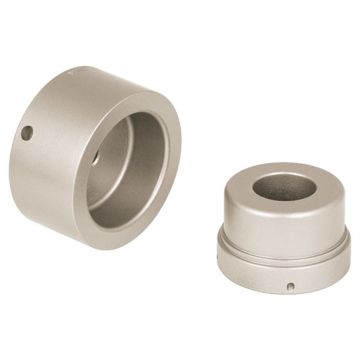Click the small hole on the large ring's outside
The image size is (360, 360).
pyautogui.click(x=27, y=133)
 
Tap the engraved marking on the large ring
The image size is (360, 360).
pyautogui.click(x=78, y=72)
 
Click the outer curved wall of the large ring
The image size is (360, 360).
pyautogui.click(x=42, y=176)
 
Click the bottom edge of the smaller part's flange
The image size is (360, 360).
pyautogui.click(x=281, y=291)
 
